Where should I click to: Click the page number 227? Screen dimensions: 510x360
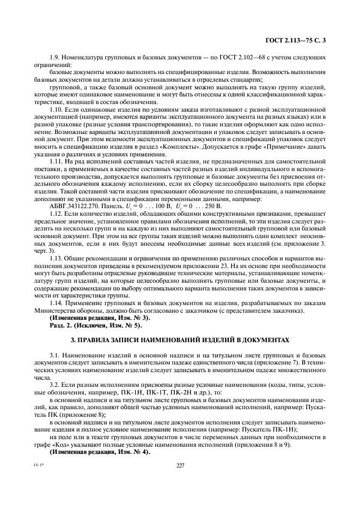pyautogui.click(x=179, y=465)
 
